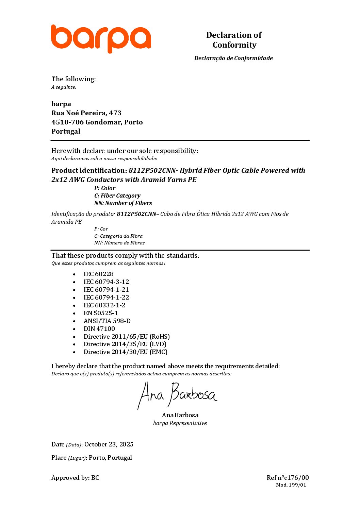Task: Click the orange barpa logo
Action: pyautogui.click(x=101, y=38)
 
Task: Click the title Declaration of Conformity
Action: pyautogui.click(x=234, y=40)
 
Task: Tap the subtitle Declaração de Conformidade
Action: pyautogui.click(x=233, y=58)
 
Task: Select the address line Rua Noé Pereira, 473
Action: pyautogui.click(x=86, y=113)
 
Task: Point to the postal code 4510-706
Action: pyautogui.click(x=67, y=122)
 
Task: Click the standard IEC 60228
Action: pyautogui.click(x=99, y=274)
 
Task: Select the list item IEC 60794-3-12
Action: pyautogui.click(x=106, y=282)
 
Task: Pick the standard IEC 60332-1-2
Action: pyautogui.click(x=104, y=305)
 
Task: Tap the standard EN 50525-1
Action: pyautogui.click(x=101, y=313)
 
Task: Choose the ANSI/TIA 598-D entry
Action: pyautogui.click(x=107, y=321)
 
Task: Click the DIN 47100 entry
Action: pyautogui.click(x=99, y=329)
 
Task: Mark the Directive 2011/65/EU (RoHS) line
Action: pyautogui.click(x=127, y=337)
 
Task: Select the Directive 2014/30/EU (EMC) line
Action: pyautogui.click(x=126, y=352)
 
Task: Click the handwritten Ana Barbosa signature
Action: pyautogui.click(x=177, y=395)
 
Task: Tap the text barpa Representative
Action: pyautogui.click(x=180, y=423)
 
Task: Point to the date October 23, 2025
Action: pyautogui.click(x=109, y=444)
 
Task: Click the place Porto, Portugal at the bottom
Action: pyautogui.click(x=110, y=458)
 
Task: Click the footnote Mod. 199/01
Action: pyautogui.click(x=291, y=485)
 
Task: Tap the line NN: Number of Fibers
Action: pyautogui.click(x=123, y=203)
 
